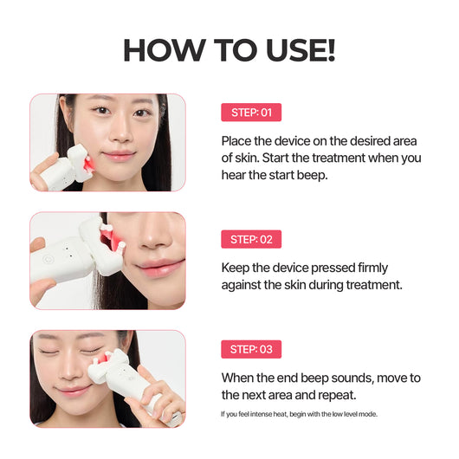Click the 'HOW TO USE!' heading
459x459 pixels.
pos(229,50)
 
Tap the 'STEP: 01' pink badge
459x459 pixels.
pos(251,113)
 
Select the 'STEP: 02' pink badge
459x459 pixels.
pos(251,240)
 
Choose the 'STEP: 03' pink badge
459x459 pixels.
pos(251,350)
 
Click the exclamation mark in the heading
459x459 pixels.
pos(329,50)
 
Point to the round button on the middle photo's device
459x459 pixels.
pos(50,256)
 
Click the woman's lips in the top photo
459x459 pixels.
pos(118,156)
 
